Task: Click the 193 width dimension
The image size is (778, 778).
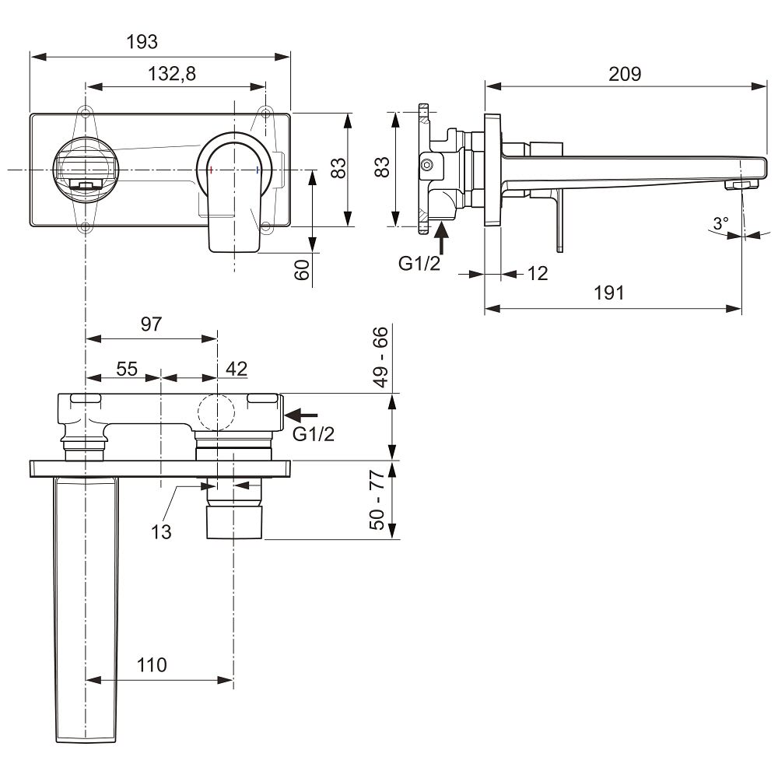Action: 142,42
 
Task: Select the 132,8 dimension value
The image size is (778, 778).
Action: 172,74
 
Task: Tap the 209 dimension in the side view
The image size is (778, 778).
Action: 625,74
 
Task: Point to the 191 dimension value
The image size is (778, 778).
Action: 609,293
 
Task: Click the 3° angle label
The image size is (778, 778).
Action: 721,223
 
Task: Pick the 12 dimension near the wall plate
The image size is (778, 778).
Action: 538,273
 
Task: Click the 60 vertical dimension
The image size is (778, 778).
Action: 302,269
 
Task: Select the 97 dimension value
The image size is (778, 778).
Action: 152,324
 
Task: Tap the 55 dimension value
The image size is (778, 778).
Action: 127,369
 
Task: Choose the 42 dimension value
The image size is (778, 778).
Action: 237,369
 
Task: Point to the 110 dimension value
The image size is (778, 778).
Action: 152,665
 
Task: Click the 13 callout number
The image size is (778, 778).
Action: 161,532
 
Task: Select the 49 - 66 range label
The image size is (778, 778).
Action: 380,356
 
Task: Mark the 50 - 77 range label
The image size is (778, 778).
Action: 377,499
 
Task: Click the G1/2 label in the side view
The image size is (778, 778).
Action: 419,264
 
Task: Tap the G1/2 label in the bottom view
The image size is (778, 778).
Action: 314,434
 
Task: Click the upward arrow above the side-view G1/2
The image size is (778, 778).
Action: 441,239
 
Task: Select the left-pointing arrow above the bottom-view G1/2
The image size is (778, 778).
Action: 301,415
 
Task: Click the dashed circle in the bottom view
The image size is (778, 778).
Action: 216,413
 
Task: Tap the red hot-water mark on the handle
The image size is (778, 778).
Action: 212,170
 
